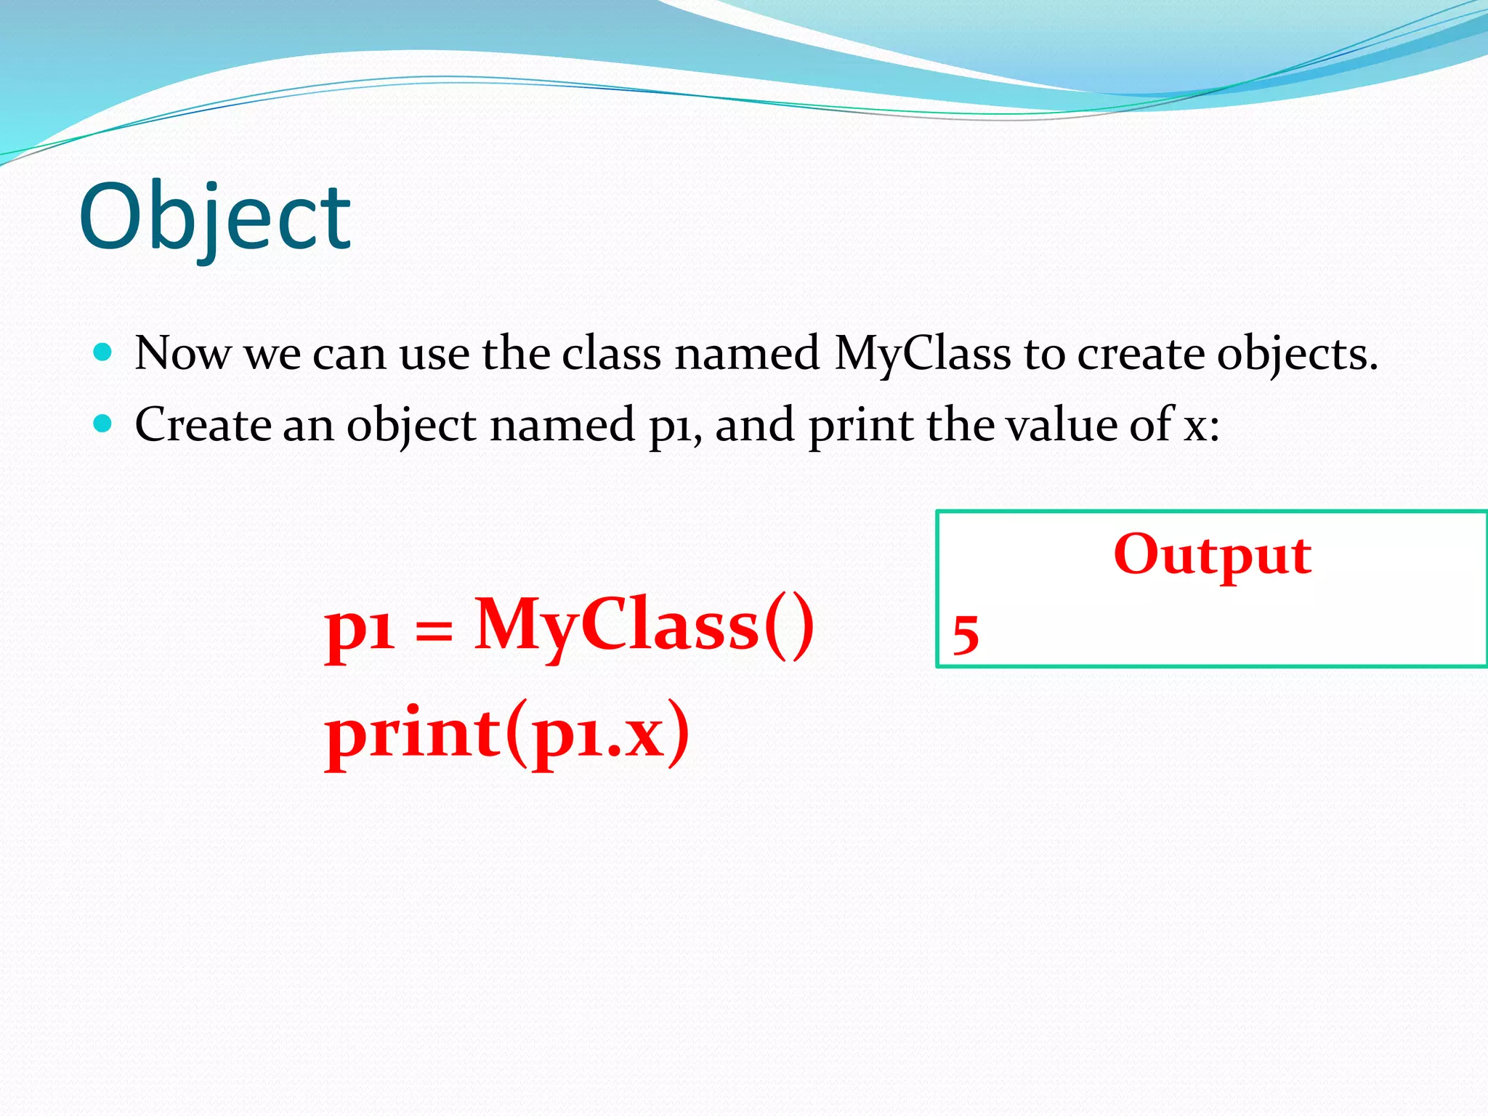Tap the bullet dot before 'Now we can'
click(x=103, y=353)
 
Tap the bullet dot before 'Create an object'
click(x=103, y=424)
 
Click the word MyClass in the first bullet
click(x=922, y=355)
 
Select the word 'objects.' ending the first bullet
click(x=1297, y=355)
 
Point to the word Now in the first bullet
click(x=182, y=355)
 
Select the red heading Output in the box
click(x=1212, y=555)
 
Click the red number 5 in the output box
click(x=966, y=634)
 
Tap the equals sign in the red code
click(x=434, y=630)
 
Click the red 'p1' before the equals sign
click(x=360, y=629)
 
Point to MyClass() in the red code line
click(x=644, y=625)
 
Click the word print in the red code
click(x=413, y=734)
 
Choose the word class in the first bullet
click(x=612, y=355)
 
